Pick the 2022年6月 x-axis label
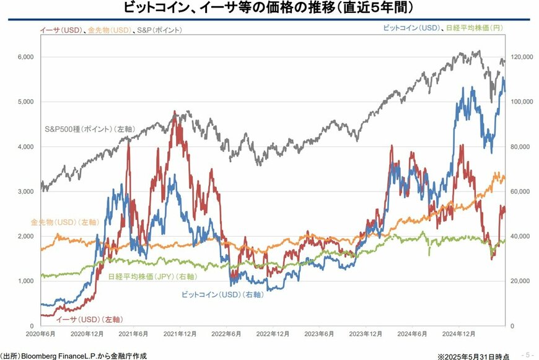227,334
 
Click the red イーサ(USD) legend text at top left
61,30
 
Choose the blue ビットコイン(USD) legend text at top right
410,29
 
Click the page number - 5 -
527,354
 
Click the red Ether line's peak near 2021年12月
175,112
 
